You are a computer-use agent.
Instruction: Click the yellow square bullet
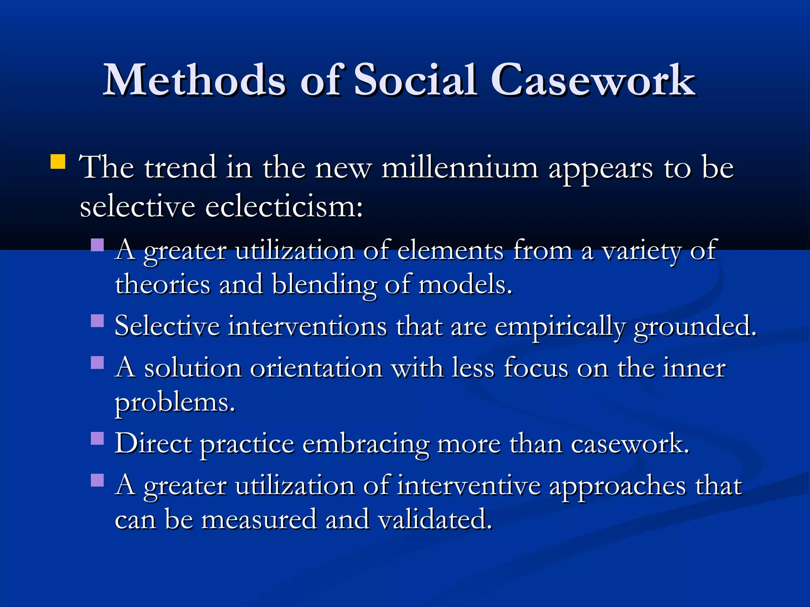(58, 162)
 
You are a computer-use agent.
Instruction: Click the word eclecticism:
(284, 207)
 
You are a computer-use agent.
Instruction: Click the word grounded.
(695, 326)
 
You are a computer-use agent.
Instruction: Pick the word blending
(324, 285)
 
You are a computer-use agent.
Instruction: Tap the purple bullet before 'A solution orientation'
(97, 362)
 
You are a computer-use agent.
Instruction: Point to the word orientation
(316, 368)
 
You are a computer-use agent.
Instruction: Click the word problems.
(175, 403)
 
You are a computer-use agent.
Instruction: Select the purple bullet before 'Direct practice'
(97, 438)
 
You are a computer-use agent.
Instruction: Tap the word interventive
(469, 486)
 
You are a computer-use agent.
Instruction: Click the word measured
(259, 520)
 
